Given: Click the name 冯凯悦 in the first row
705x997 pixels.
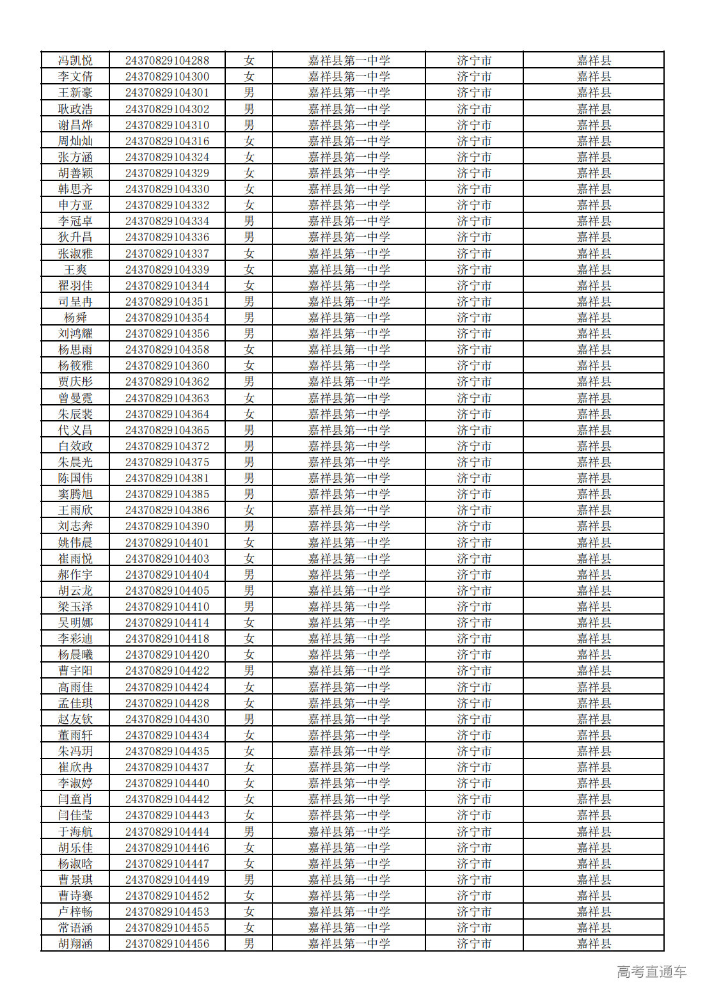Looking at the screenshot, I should [75, 61].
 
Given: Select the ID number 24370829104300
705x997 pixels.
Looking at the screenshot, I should [167, 77].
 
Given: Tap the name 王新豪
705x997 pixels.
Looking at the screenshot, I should [75, 93].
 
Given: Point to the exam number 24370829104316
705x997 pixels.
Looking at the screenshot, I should [167, 141].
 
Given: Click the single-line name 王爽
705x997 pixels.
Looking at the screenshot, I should [75, 269].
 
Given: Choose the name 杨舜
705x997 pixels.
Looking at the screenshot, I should [75, 317].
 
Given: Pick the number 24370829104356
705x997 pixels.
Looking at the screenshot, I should [167, 333].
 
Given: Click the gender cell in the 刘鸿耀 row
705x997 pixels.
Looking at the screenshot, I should [249, 333].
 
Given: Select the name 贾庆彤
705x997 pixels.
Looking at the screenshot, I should [75, 382].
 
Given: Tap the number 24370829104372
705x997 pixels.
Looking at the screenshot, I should [167, 446].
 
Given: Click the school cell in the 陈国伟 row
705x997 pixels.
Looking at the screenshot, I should [349, 478].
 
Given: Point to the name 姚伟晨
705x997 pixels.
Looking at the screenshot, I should [75, 542].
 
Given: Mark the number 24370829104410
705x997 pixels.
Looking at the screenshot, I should [167, 606].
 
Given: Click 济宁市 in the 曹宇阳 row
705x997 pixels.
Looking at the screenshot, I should [474, 670].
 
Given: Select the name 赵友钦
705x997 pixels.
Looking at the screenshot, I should [75, 719].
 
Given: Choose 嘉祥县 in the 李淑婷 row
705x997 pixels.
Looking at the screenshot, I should [594, 783].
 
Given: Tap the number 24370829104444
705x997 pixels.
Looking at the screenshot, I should [167, 831].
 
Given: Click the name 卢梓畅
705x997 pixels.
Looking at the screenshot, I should [75, 911].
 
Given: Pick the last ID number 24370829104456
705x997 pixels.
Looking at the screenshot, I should [167, 943].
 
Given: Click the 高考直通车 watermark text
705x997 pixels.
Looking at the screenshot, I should [651, 971].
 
